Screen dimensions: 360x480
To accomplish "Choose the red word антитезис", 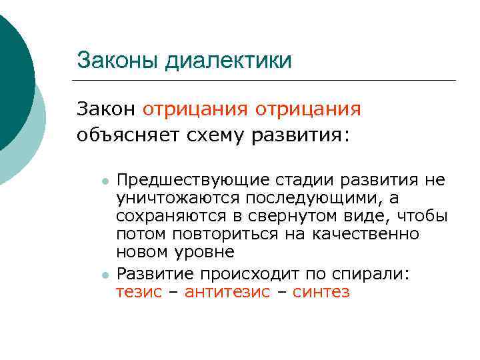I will click(x=227, y=292).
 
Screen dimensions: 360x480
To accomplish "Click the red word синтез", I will click(x=321, y=292).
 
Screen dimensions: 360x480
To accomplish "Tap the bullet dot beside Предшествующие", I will click(x=105, y=181).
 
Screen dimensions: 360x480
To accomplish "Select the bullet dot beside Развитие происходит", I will click(x=105, y=275).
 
